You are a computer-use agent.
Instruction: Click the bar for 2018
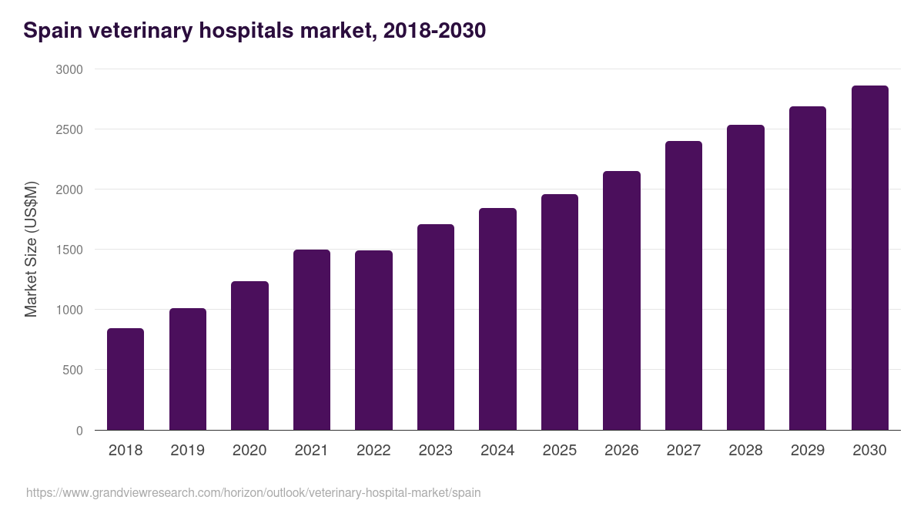click(x=126, y=379)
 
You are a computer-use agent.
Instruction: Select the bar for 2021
click(x=311, y=340)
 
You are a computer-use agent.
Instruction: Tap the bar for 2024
click(x=497, y=319)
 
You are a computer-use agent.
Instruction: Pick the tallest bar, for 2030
click(x=869, y=258)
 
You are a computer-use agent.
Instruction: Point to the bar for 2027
click(x=684, y=286)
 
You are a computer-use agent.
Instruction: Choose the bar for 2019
click(x=188, y=369)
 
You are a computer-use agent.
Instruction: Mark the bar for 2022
click(x=373, y=341)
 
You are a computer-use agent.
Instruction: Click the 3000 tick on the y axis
click(x=69, y=69)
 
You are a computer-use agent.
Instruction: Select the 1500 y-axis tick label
click(x=69, y=250)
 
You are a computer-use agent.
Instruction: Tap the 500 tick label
click(x=72, y=370)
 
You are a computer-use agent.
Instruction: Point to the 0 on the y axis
click(x=79, y=431)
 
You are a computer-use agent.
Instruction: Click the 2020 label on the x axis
click(x=249, y=451)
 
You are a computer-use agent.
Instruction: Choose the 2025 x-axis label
click(x=560, y=451)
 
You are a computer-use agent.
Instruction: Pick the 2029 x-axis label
click(x=808, y=451)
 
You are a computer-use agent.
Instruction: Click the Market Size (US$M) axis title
click(x=31, y=250)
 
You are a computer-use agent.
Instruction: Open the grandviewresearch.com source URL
click(x=253, y=492)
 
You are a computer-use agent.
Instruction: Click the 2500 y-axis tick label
click(x=69, y=129)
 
